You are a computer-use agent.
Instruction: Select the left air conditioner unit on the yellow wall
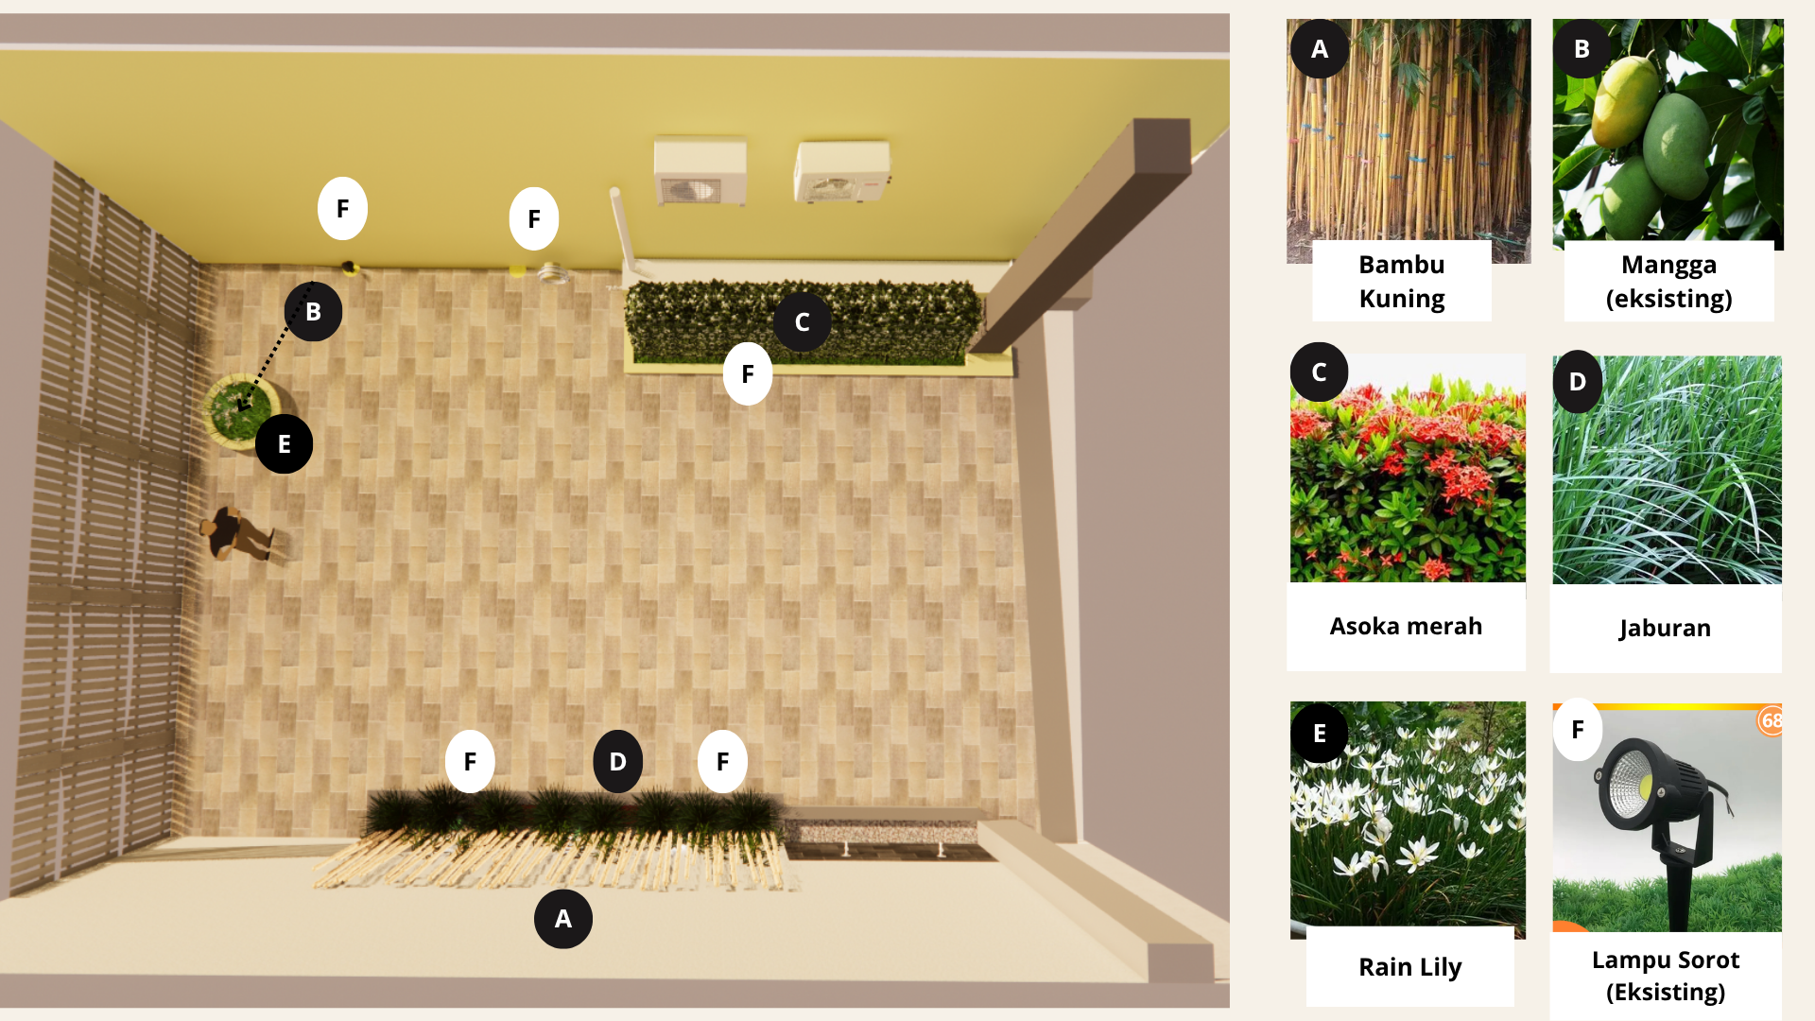tap(700, 171)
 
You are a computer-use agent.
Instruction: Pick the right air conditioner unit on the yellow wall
tap(841, 172)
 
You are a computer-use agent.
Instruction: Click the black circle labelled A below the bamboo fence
tap(563, 919)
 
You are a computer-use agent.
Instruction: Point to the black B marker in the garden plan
tap(313, 311)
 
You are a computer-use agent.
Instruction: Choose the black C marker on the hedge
tap(802, 322)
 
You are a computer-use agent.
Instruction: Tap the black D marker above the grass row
tap(617, 761)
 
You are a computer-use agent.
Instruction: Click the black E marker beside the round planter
tap(284, 444)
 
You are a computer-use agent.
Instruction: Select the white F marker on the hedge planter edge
tap(748, 374)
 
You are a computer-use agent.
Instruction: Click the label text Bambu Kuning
tap(1402, 282)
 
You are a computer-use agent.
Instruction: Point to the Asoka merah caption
tap(1406, 626)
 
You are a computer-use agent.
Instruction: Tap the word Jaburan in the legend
tap(1665, 628)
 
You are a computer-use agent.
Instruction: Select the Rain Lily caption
tap(1409, 967)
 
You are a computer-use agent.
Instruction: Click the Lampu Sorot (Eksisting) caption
tap(1666, 976)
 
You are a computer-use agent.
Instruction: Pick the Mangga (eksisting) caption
tap(1669, 282)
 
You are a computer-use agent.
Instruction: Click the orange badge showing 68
tap(1771, 720)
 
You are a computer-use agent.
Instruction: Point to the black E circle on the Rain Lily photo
tap(1320, 734)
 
